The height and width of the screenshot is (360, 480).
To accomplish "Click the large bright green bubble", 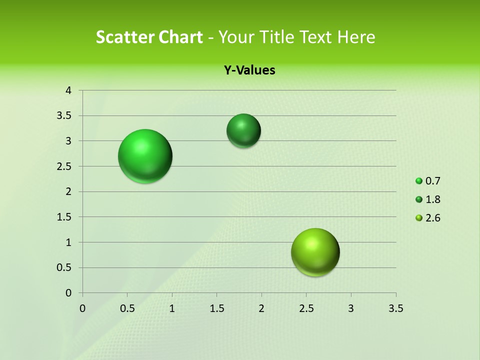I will (145, 156).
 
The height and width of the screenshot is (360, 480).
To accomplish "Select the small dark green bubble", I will (243, 130).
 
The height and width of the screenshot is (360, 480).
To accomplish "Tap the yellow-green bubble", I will (315, 252).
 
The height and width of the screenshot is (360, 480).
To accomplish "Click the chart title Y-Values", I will (249, 70).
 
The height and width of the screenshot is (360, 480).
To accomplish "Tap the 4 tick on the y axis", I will (68, 90).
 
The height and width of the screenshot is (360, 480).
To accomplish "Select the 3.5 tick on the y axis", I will (65, 116).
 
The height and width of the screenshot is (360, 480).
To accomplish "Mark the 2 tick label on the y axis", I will (68, 191).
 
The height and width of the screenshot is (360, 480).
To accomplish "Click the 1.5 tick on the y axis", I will (65, 217).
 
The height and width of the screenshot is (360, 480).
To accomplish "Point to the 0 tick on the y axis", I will (68, 293).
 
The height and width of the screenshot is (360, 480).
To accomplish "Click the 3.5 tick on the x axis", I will (395, 308).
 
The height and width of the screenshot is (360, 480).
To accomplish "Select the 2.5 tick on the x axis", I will (306, 308).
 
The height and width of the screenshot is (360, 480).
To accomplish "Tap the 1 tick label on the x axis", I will (172, 308).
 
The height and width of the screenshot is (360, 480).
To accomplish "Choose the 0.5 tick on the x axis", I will (127, 308).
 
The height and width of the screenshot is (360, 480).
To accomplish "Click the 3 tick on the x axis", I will (351, 308).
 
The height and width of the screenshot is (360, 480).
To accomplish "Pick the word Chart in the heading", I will (181, 37).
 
